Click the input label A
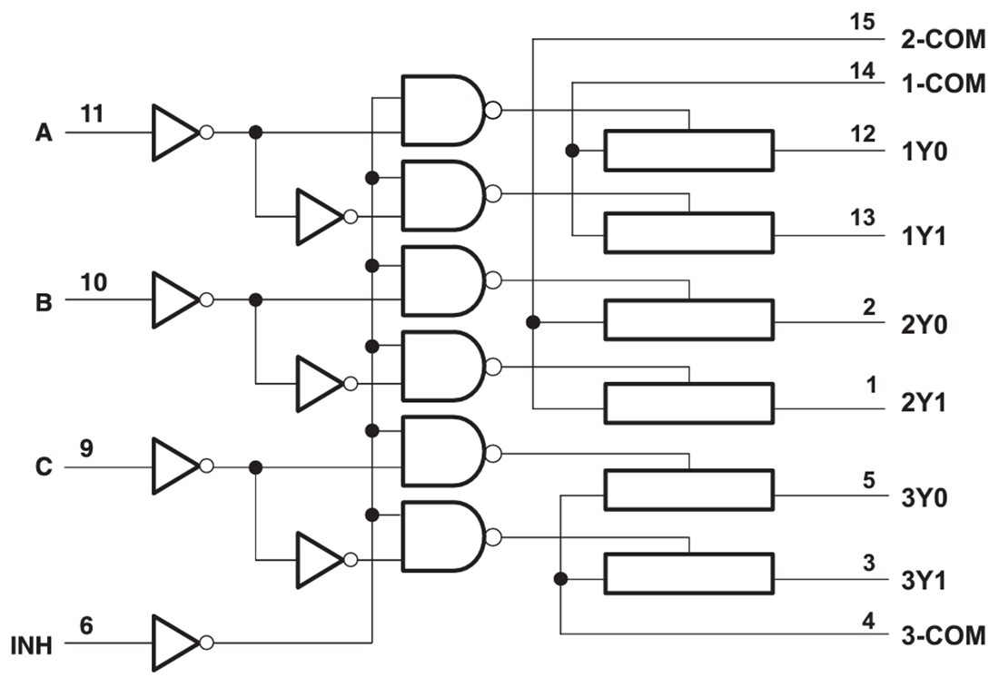click(x=44, y=133)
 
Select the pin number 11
click(x=92, y=114)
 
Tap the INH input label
click(x=32, y=645)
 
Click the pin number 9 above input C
click(x=85, y=448)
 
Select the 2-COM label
click(x=943, y=42)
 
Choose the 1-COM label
click(x=943, y=84)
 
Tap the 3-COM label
click(x=943, y=635)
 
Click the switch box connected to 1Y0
click(x=688, y=151)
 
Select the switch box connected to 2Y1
click(x=688, y=403)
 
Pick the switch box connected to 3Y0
click(x=688, y=490)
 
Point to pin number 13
click(x=863, y=218)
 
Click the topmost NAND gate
click(x=442, y=110)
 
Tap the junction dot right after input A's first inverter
click(x=256, y=132)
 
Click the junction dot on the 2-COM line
click(x=533, y=321)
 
